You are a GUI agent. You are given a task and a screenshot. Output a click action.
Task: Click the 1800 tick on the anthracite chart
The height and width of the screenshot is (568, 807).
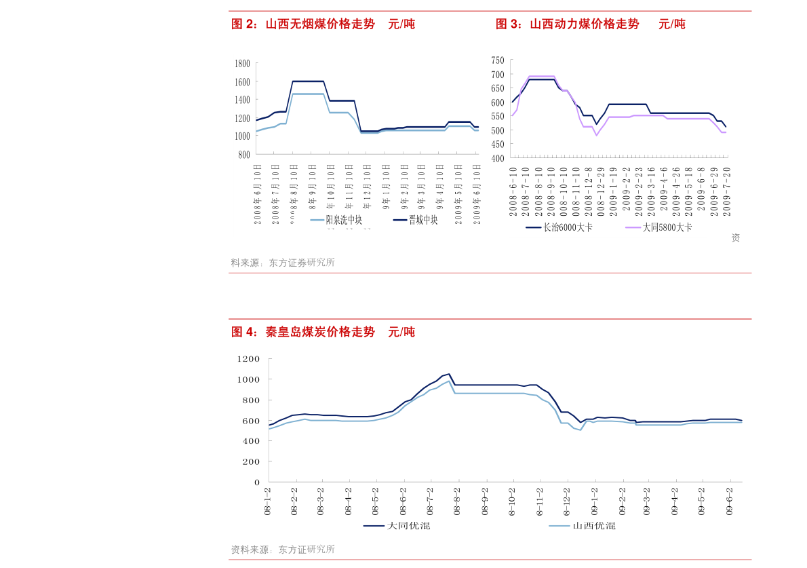(242, 64)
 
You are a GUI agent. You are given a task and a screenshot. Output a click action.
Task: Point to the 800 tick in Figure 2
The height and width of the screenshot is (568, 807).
(244, 155)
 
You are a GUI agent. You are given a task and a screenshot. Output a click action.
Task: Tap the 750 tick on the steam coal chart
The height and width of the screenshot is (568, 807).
(498, 60)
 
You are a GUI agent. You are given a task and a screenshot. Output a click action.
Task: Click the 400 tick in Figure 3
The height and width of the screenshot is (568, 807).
(498, 158)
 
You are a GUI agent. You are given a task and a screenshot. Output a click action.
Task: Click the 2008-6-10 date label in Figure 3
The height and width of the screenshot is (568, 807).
(513, 191)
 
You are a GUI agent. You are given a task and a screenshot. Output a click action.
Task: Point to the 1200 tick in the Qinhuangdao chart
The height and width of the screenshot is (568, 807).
(249, 358)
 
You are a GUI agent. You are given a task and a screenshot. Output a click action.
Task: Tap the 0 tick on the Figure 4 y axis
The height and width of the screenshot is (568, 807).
(256, 482)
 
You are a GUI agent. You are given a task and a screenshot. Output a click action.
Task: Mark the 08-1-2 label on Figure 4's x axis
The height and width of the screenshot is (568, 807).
(268, 501)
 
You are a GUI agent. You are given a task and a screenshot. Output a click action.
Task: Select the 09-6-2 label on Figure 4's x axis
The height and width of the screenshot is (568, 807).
(730, 501)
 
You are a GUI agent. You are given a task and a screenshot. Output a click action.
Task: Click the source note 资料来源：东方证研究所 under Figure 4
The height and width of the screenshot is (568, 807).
(283, 550)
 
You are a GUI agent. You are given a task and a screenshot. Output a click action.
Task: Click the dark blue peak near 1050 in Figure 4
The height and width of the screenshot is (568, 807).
(448, 374)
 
